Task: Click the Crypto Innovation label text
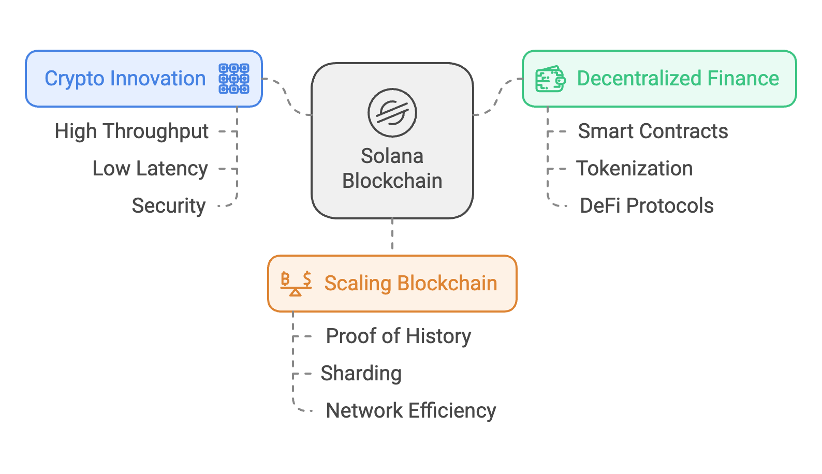click(125, 79)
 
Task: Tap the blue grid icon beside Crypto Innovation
click(234, 79)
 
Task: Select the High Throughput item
click(131, 131)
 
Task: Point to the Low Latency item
click(150, 169)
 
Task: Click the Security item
click(169, 206)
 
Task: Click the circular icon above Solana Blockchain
click(392, 112)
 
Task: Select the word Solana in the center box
click(392, 156)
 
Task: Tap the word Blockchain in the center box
click(392, 181)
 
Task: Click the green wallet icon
click(550, 79)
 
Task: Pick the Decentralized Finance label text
click(678, 79)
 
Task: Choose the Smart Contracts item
click(653, 131)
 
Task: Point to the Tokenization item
click(635, 169)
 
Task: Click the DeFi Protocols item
click(647, 206)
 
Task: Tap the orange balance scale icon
click(296, 284)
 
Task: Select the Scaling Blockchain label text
click(410, 284)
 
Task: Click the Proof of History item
click(398, 336)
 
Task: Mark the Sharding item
click(361, 374)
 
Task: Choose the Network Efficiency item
click(410, 411)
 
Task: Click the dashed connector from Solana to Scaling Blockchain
click(392, 236)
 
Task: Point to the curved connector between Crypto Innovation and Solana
click(286, 96)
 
